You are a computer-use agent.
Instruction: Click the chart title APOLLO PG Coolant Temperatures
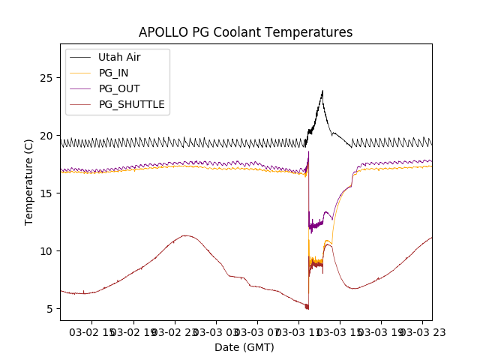click(245, 32)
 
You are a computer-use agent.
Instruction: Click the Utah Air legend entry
click(119, 57)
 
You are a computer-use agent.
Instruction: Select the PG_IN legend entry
click(113, 73)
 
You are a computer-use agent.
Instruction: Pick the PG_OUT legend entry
click(118, 88)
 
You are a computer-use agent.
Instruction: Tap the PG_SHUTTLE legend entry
click(131, 104)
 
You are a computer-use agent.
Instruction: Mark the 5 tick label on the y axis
click(52, 309)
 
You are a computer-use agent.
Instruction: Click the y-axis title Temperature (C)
click(29, 182)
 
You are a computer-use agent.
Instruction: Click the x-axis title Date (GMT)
click(244, 347)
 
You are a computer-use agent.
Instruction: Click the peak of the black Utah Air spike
click(322, 91)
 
